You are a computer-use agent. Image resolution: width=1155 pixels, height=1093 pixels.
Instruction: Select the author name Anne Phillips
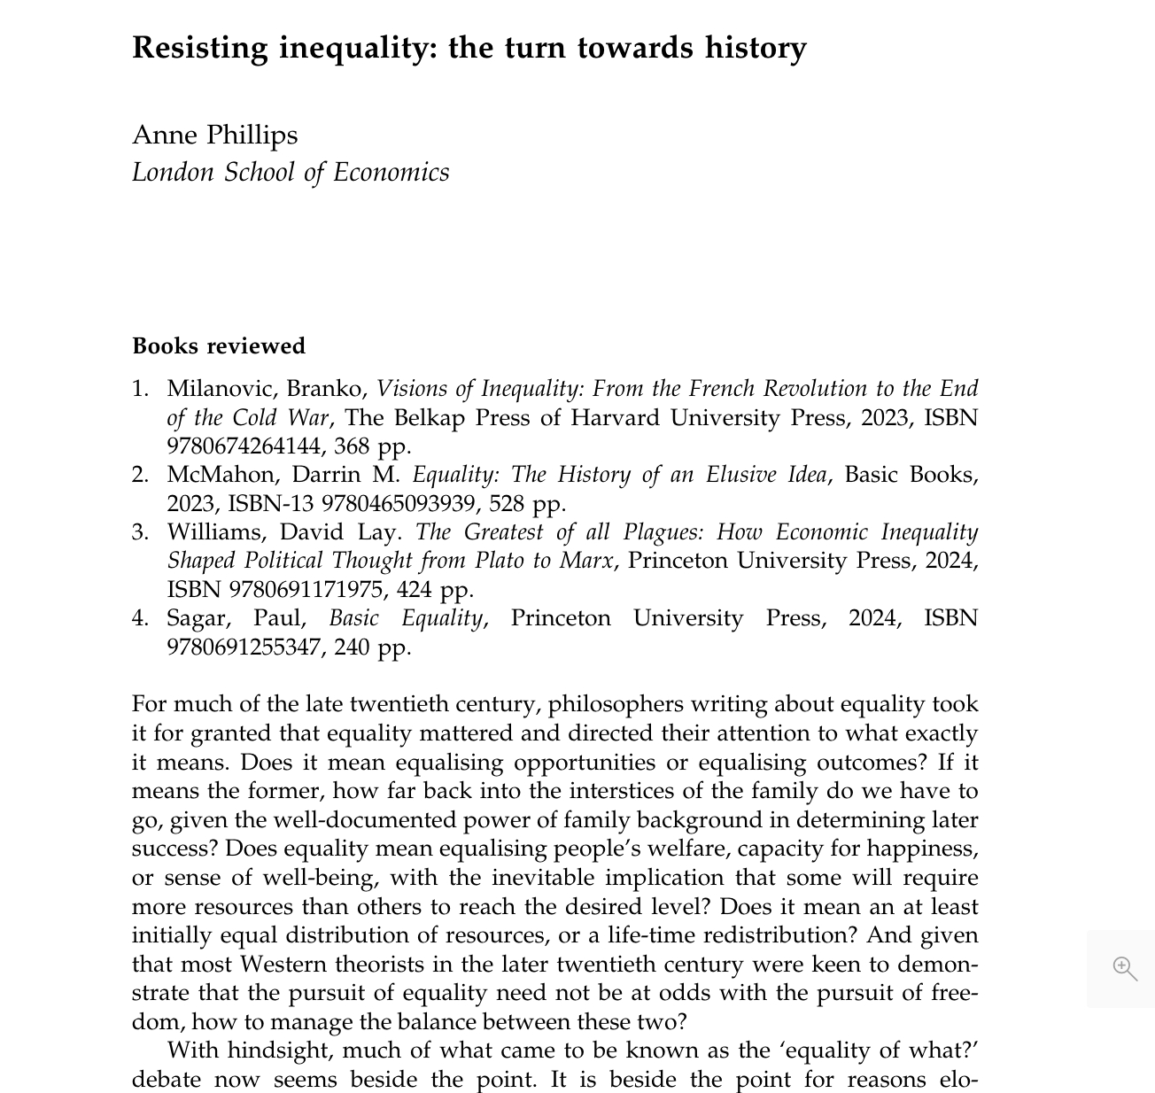pos(215,135)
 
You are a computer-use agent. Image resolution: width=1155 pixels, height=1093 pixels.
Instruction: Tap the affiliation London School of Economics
pos(291,172)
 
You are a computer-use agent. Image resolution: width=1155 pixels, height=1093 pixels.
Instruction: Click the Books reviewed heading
pos(219,345)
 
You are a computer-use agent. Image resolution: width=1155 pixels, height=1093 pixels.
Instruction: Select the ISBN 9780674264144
pos(244,446)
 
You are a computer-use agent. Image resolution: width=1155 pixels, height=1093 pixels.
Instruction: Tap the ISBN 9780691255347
pos(244,647)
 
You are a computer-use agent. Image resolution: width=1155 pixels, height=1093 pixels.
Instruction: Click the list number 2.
pos(140,475)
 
